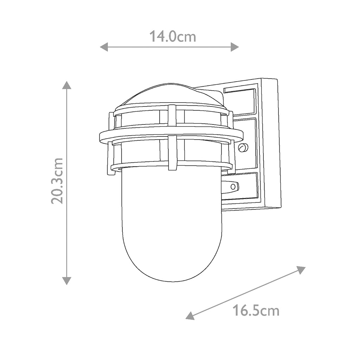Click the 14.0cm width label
173,37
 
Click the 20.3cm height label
57,181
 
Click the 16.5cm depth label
256,311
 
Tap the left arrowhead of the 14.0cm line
104,47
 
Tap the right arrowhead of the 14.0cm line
234,47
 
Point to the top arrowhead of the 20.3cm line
66,85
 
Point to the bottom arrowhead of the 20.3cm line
66,281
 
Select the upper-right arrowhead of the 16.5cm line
301,270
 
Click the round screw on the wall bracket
243,147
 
